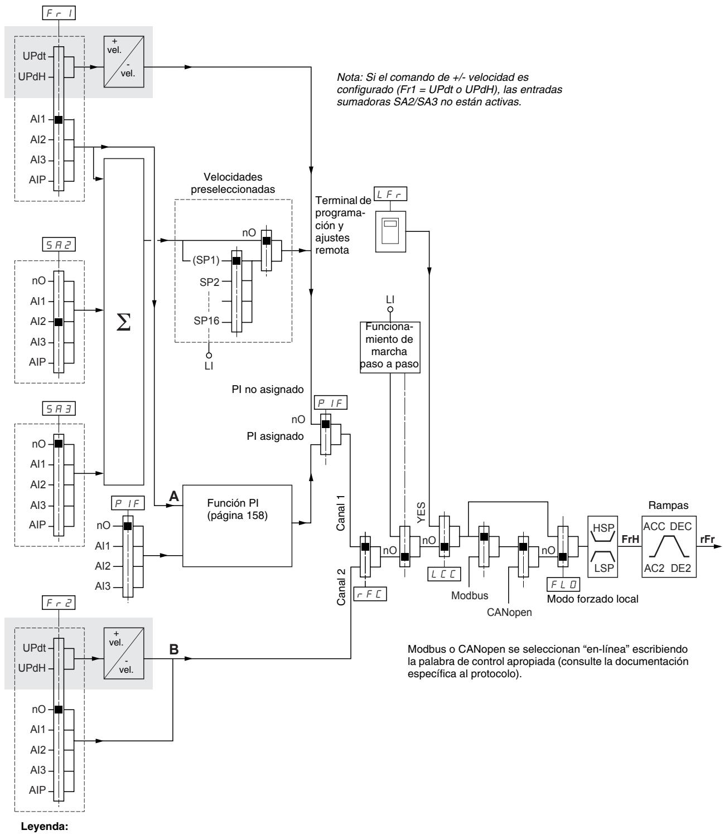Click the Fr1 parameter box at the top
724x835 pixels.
click(x=59, y=13)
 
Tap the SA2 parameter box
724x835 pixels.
click(x=59, y=244)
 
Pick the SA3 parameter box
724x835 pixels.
click(x=59, y=409)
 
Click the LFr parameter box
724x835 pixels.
click(x=390, y=194)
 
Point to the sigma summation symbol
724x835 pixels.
click(x=123, y=322)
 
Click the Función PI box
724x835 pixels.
click(x=237, y=526)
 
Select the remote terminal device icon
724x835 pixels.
click(x=390, y=231)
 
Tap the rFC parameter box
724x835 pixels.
click(x=370, y=594)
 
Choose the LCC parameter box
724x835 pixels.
click(x=444, y=574)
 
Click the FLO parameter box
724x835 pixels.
click(x=563, y=584)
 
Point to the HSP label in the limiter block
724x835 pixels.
click(x=603, y=528)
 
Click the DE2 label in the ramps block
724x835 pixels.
click(x=680, y=568)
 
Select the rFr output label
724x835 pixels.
click(x=707, y=539)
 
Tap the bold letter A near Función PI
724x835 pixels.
click(x=174, y=496)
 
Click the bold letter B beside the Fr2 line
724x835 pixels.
click(x=174, y=649)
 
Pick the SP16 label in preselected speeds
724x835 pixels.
click(x=206, y=321)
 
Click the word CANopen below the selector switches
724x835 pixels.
click(x=509, y=612)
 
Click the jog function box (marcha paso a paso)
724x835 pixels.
click(x=390, y=347)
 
